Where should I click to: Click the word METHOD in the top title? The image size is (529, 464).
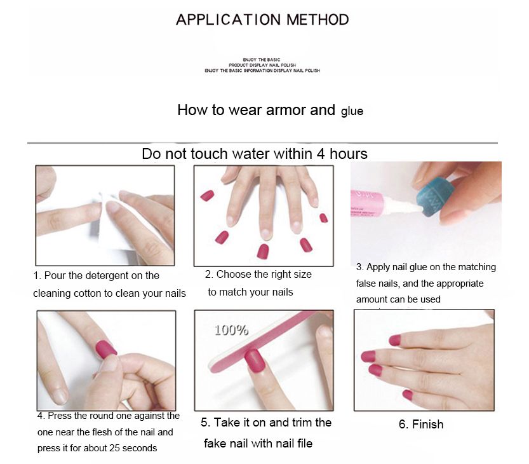coord(318,20)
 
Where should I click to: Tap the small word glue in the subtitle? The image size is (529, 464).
coord(352,111)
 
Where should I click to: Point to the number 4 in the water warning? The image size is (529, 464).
coord(321,154)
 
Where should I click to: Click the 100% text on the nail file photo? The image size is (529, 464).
coord(231,330)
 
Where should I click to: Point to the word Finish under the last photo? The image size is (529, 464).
coord(427,424)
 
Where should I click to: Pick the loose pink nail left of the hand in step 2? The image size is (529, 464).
coord(207,196)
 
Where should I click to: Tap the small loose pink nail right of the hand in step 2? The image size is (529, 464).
coord(323,218)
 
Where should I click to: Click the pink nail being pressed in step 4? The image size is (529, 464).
coord(106,350)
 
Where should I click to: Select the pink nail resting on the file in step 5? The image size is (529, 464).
coord(254,361)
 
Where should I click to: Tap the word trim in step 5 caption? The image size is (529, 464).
coord(298,423)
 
